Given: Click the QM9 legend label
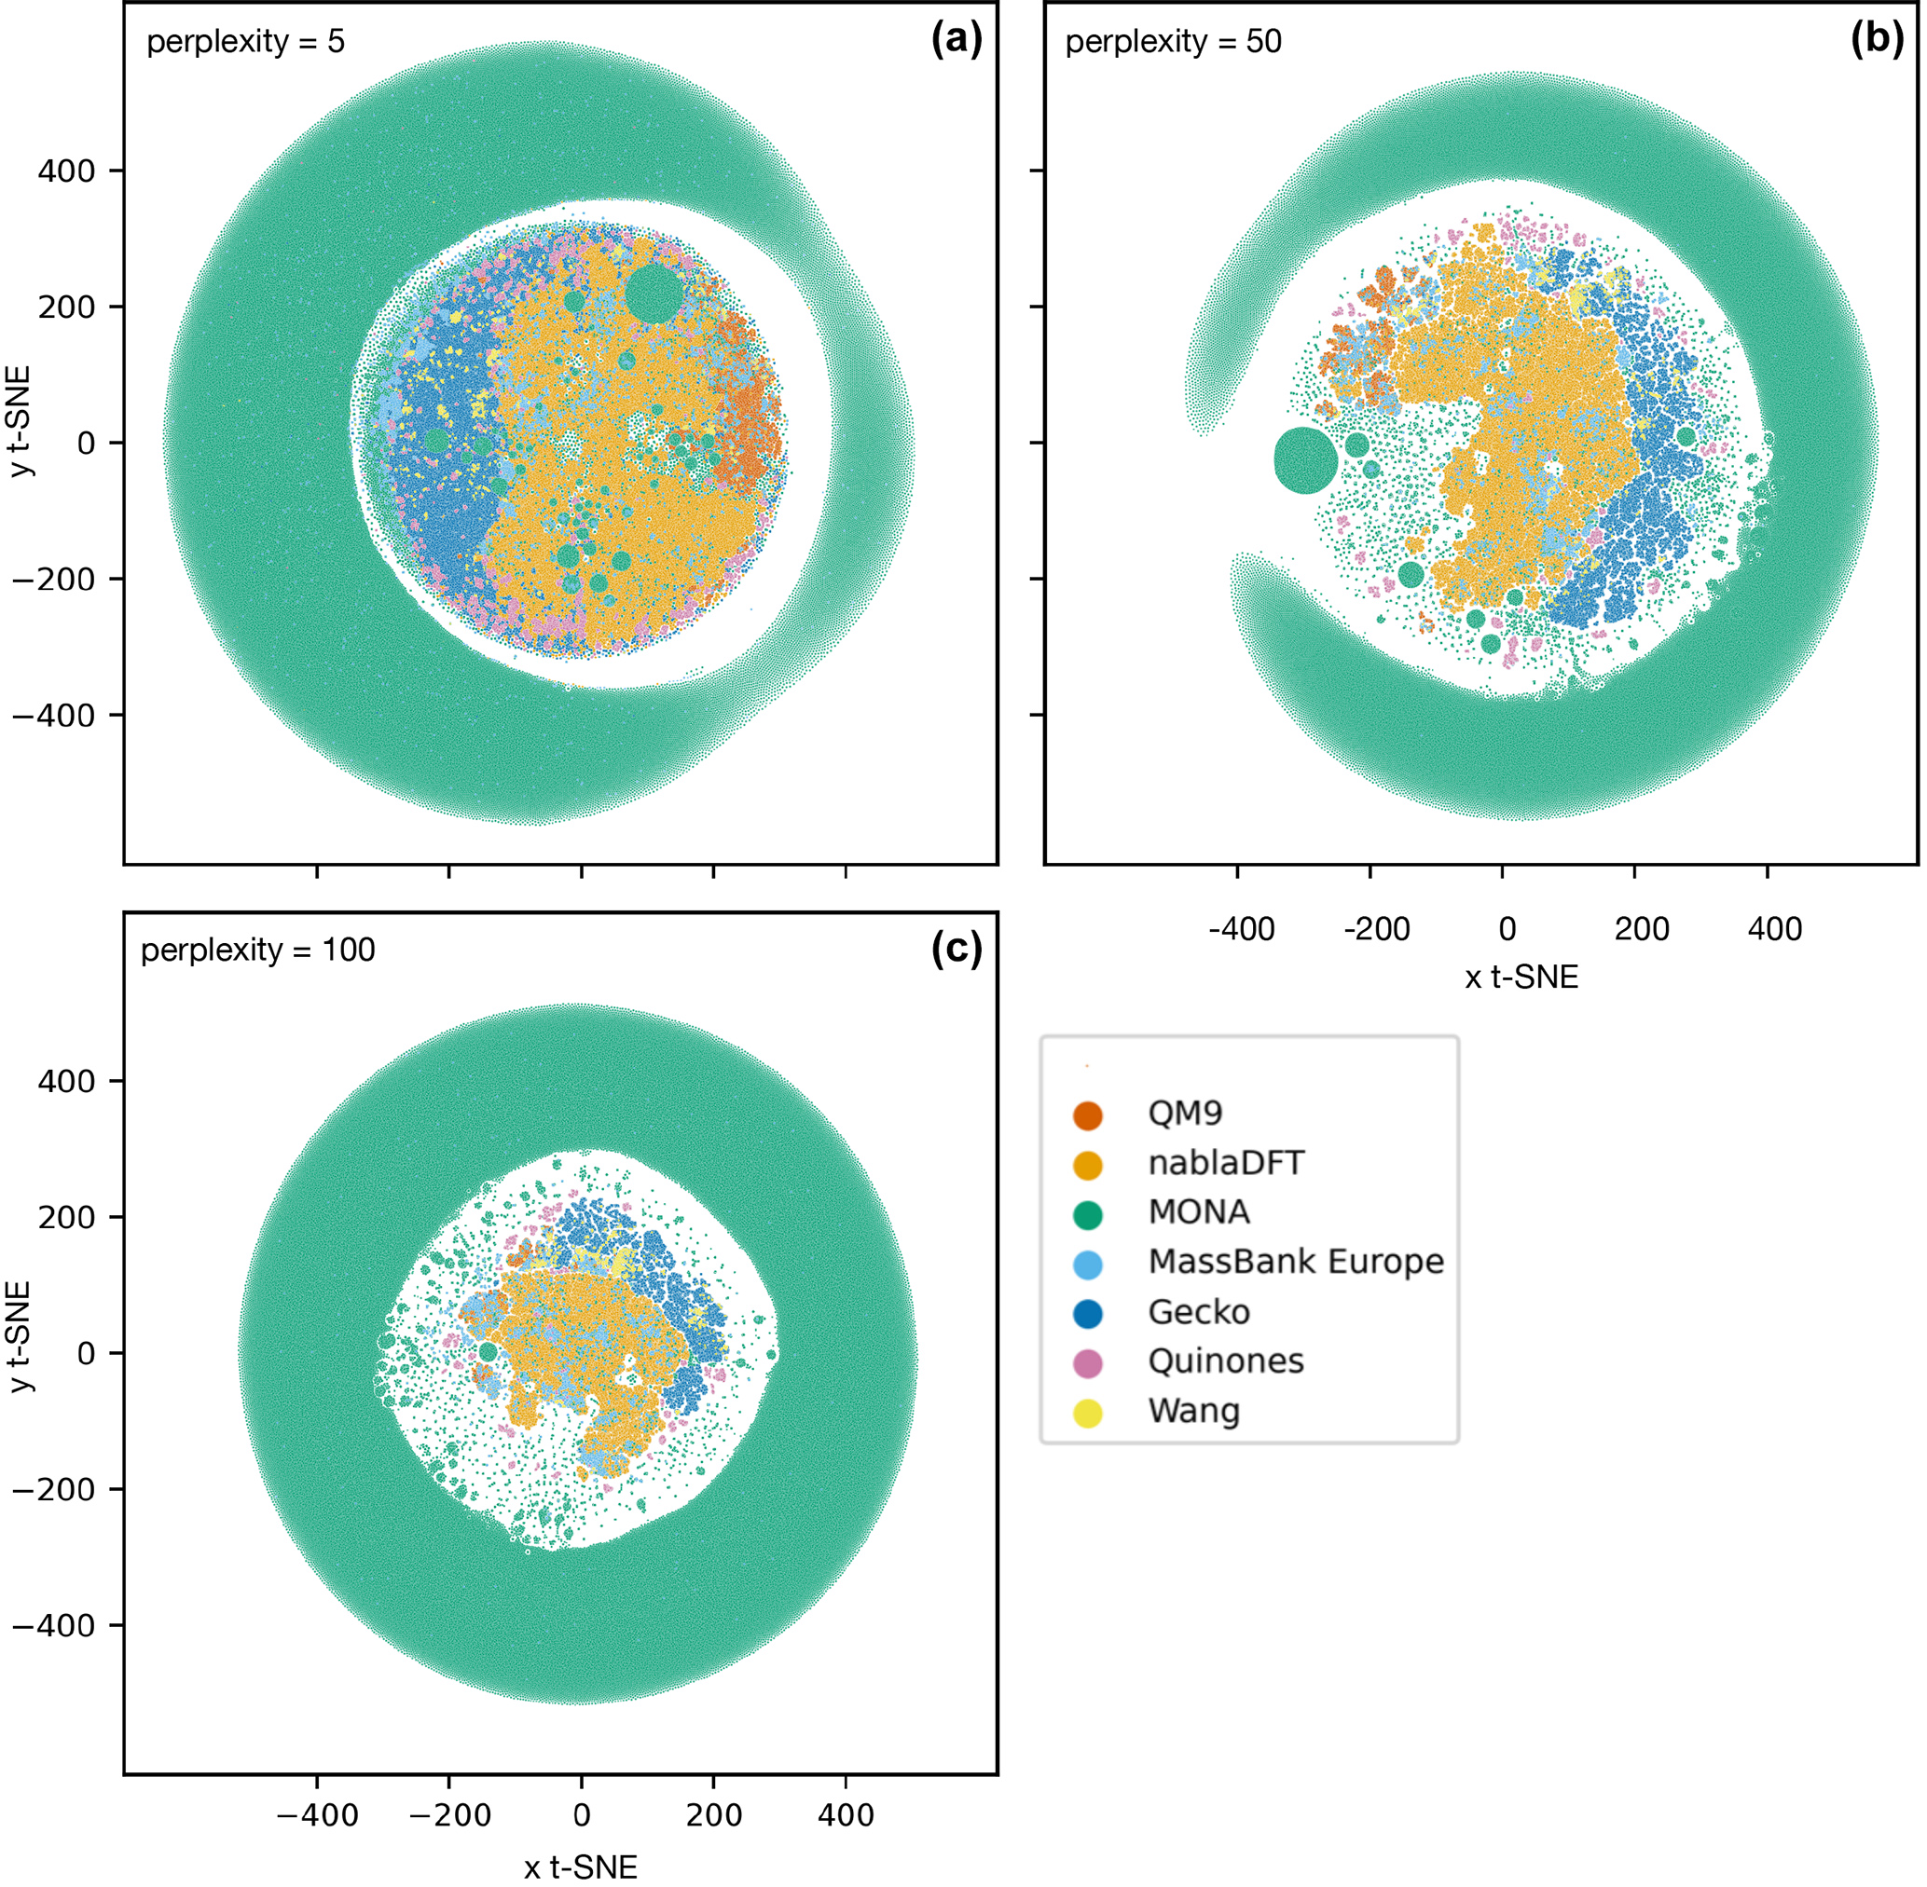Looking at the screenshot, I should (x=1185, y=1113).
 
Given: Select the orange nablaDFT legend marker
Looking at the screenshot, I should (x=1087, y=1165).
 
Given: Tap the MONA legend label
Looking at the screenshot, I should (x=1198, y=1212).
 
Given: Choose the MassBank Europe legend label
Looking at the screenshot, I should (x=1296, y=1262).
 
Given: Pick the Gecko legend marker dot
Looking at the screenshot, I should (x=1087, y=1313).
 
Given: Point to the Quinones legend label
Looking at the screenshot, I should (x=1225, y=1361).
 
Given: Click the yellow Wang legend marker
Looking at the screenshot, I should (x=1087, y=1413).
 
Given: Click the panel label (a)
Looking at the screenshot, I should (x=956, y=40).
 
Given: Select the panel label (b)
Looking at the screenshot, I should (x=1877, y=40).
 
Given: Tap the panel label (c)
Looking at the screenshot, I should (x=956, y=949).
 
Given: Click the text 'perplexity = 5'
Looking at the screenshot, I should (x=245, y=42).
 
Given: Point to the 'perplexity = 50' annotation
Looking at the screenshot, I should (x=1173, y=42).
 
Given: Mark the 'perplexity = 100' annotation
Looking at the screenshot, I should (x=257, y=950).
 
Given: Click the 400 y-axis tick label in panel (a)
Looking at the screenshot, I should (x=66, y=171).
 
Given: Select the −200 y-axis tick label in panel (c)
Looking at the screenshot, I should (x=53, y=1490).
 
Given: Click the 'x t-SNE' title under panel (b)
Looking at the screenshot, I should (x=1521, y=978).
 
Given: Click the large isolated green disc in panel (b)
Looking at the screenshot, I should (x=1305, y=459).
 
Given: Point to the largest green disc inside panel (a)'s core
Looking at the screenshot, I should (x=654, y=293).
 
